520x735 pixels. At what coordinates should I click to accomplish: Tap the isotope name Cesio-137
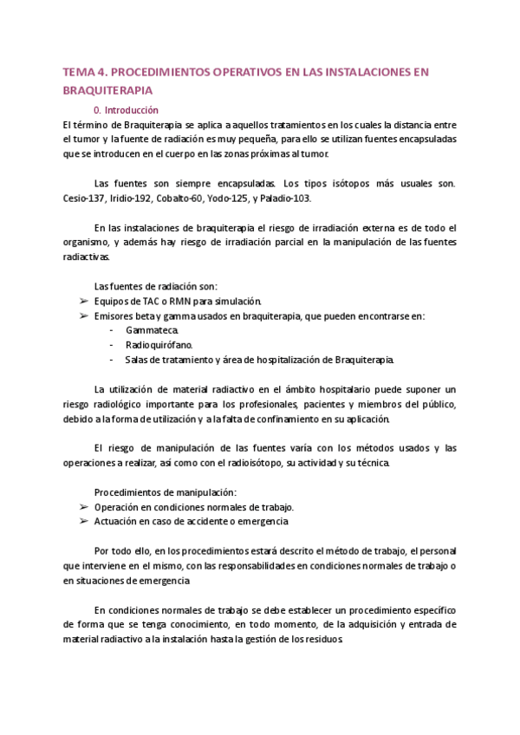pos(81,198)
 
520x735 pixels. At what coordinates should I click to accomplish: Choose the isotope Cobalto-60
pos(185,198)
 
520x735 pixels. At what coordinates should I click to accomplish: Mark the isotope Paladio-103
pos(287,198)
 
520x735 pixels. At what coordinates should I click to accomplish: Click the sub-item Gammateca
pos(153,330)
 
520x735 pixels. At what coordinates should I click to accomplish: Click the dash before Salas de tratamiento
pos(113,360)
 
